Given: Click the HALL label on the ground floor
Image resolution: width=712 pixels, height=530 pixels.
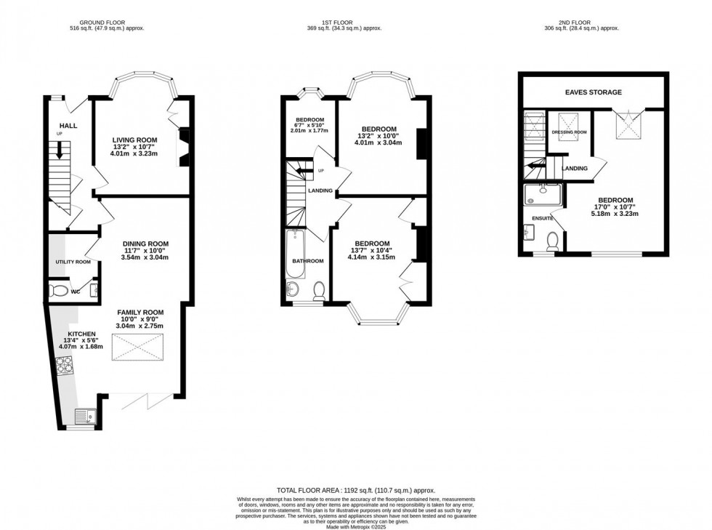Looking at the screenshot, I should pyautogui.click(x=68, y=126).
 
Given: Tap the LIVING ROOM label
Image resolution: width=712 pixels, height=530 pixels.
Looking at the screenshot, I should pyautogui.click(x=134, y=140).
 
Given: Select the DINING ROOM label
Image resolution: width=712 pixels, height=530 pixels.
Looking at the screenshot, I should pyautogui.click(x=145, y=244).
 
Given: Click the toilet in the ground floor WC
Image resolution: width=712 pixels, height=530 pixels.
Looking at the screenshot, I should pyautogui.click(x=58, y=292).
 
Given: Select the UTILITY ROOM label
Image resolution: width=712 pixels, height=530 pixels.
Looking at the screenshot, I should pyautogui.click(x=73, y=262).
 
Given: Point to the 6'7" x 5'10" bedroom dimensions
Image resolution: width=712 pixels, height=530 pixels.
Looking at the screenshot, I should pyautogui.click(x=310, y=126).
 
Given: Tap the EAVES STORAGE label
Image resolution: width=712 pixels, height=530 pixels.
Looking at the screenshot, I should pyautogui.click(x=594, y=92).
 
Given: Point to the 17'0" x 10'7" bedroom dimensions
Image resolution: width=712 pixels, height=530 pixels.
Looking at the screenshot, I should pyautogui.click(x=615, y=207).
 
